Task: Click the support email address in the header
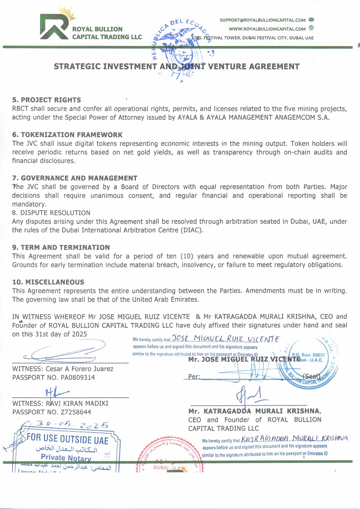(262, 20)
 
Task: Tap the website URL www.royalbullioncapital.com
(267, 29)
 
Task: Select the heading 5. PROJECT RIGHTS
(46, 100)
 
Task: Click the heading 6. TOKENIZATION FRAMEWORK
(67, 135)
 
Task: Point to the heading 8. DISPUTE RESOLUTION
(51, 213)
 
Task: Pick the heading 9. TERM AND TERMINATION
(61, 247)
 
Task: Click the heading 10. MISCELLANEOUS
(48, 282)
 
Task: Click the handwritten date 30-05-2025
(72, 425)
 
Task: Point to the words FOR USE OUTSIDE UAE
(67, 439)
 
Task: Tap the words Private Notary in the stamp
(66, 458)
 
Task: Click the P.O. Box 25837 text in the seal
(308, 355)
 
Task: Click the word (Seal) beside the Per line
(311, 377)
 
